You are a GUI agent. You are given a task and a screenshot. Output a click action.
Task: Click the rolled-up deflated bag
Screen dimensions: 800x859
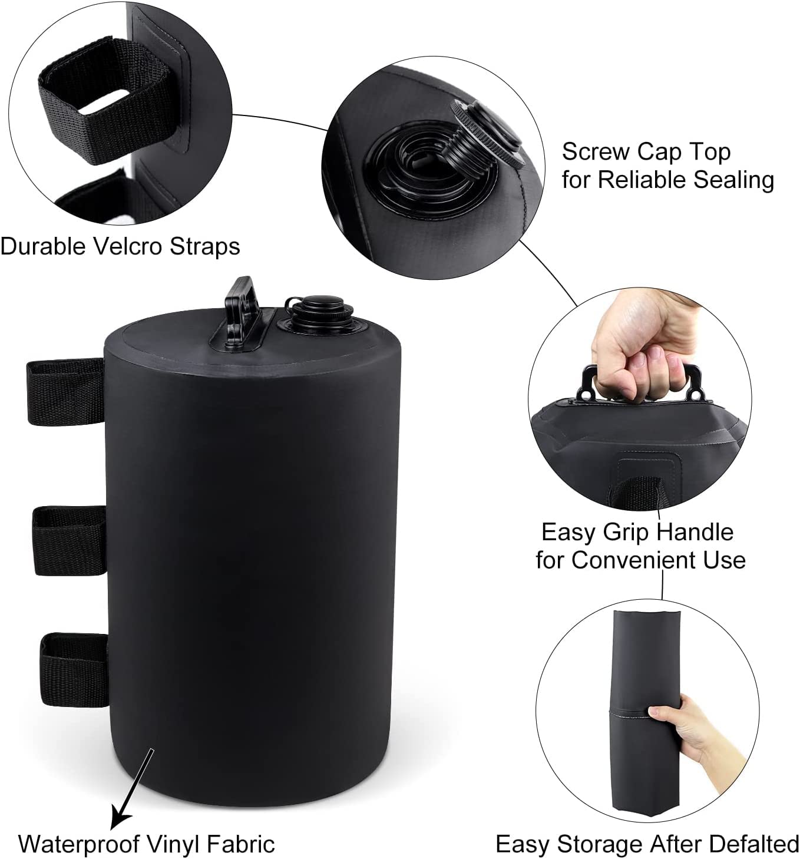[647, 713]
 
